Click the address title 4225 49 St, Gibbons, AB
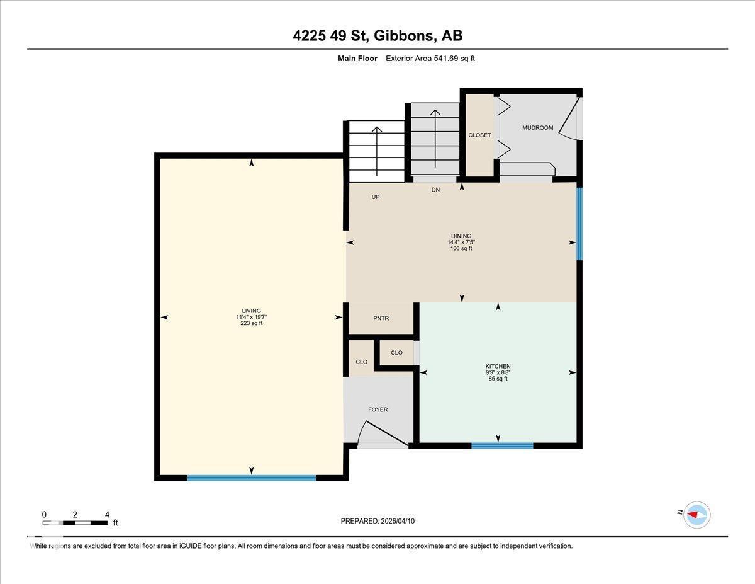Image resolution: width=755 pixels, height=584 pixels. [x=377, y=36]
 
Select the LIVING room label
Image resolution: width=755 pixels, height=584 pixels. [x=252, y=311]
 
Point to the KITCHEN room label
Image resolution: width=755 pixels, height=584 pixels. [x=498, y=366]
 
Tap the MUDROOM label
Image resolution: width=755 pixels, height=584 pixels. [x=537, y=128]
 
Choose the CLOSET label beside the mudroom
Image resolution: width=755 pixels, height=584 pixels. [x=479, y=135]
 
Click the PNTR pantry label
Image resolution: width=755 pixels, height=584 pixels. [x=381, y=318]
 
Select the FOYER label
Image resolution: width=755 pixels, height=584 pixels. [x=377, y=409]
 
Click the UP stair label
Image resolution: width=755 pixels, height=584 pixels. [x=376, y=197]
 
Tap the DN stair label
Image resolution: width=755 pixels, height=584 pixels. [x=435, y=190]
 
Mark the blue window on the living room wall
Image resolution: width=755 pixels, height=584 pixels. [x=252, y=478]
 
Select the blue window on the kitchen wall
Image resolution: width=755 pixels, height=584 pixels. [x=502, y=445]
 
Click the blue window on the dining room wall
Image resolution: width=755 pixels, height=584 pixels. [x=579, y=223]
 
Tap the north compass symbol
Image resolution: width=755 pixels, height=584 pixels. [x=696, y=514]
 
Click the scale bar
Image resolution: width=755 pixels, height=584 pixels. [x=75, y=522]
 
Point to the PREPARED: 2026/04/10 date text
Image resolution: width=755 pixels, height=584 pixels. [x=377, y=521]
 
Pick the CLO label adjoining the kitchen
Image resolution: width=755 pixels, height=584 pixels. [x=396, y=353]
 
